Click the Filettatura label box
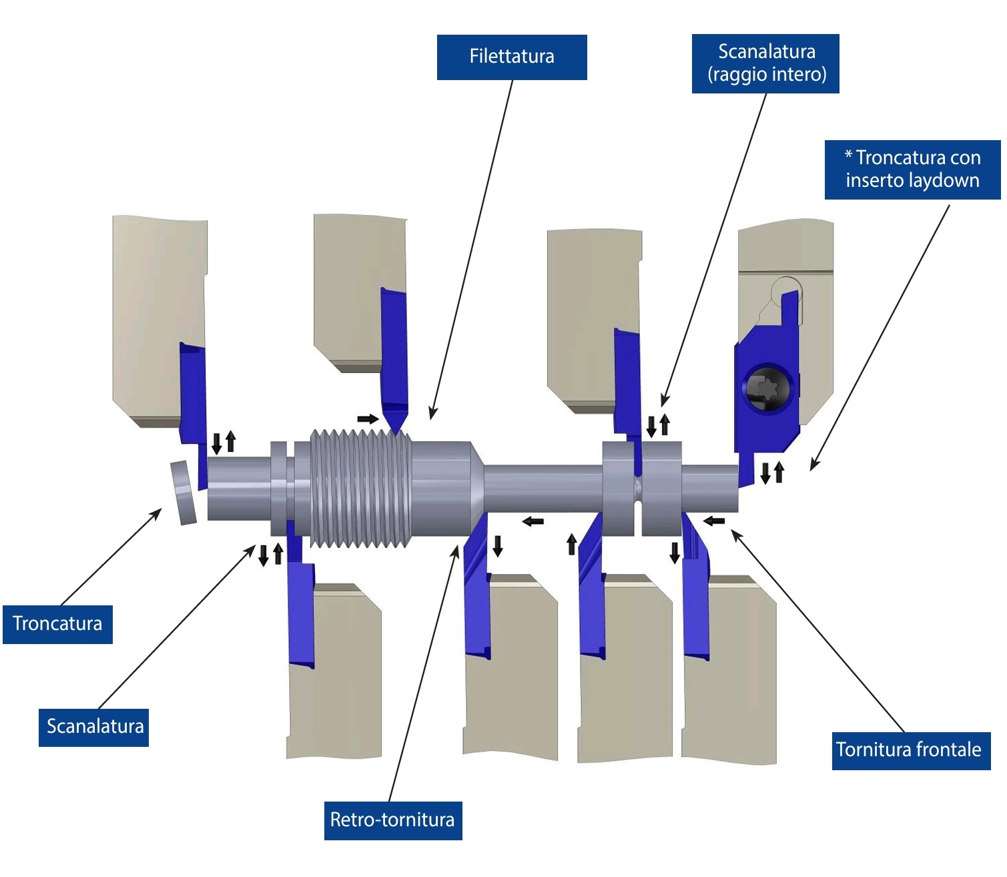click(x=512, y=57)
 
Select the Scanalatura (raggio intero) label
click(x=765, y=63)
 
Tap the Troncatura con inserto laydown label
click(x=912, y=170)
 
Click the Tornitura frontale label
click(x=911, y=750)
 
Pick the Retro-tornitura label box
click(x=393, y=820)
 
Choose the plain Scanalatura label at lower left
click(x=94, y=727)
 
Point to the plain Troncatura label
click(x=57, y=624)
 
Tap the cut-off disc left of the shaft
click(x=184, y=492)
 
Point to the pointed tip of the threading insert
click(x=396, y=432)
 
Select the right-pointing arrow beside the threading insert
click(x=368, y=419)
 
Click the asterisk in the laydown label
click(x=848, y=156)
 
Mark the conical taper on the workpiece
click(x=477, y=489)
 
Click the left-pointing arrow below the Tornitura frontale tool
click(x=714, y=521)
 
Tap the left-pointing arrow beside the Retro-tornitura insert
click(x=533, y=521)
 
